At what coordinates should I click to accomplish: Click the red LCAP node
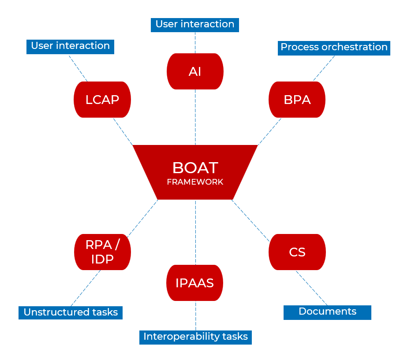point(102,100)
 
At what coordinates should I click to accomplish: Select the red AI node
point(195,71)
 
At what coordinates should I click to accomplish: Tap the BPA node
point(297,100)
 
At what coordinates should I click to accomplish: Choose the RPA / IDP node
point(102,252)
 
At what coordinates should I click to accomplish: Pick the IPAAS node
point(195,283)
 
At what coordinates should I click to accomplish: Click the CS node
point(297,252)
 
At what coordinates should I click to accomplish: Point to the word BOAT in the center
point(195,168)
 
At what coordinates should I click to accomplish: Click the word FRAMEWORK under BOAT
point(195,182)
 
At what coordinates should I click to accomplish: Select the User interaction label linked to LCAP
point(70,46)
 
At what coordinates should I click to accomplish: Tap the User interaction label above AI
point(195,24)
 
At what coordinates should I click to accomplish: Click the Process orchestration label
point(334,47)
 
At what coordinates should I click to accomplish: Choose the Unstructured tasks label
point(71,312)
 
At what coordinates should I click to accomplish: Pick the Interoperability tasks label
point(195,337)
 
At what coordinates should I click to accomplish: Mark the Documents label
point(327,312)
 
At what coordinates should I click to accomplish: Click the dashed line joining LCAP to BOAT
point(123,131)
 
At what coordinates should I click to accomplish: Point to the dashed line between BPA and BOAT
point(269,131)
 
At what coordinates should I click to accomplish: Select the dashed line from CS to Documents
point(311,288)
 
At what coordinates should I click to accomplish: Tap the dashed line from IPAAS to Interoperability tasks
point(195,315)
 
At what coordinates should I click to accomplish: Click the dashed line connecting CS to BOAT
point(250,220)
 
